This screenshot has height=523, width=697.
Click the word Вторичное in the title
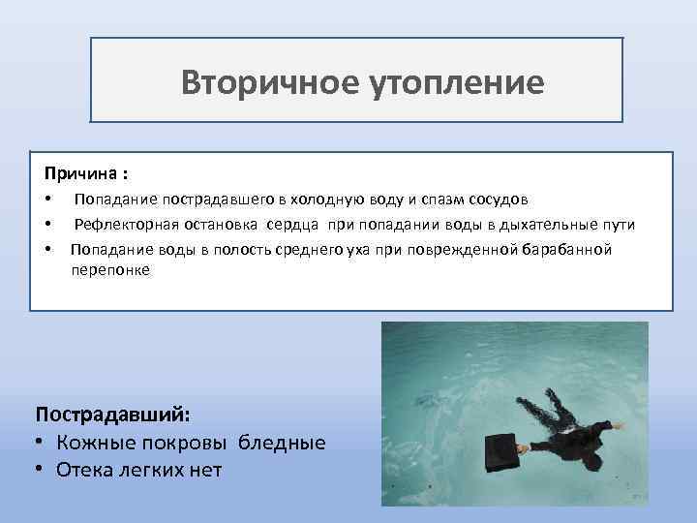click(x=255, y=82)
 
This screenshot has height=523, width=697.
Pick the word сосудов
click(x=496, y=200)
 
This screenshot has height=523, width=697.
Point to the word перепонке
click(x=109, y=270)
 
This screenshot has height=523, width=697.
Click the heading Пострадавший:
click(x=113, y=414)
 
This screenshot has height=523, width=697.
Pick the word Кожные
click(x=97, y=442)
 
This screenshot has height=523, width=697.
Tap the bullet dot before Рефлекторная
click(x=48, y=225)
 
